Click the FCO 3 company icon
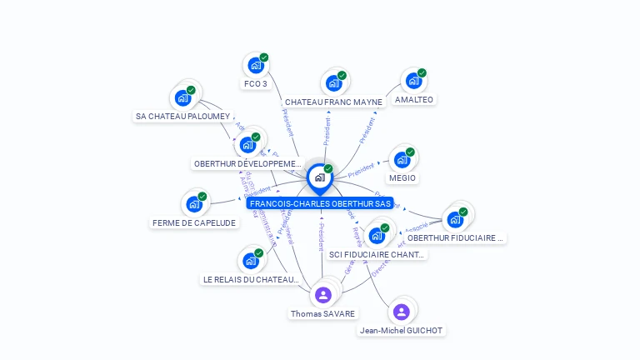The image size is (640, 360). [255, 65]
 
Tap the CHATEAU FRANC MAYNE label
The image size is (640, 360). [333, 102]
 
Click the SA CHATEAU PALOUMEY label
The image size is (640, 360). [182, 117]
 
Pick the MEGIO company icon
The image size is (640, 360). [402, 160]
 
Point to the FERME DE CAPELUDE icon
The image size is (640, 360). [193, 204]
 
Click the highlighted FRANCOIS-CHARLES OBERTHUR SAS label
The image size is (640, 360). [320, 203]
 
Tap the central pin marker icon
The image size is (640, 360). [319, 177]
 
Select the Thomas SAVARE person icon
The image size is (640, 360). [323, 295]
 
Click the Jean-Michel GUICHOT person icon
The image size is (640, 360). [401, 312]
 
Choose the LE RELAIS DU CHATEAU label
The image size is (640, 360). [251, 280]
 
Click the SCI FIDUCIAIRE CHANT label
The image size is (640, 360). [377, 255]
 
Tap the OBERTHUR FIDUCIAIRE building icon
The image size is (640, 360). [455, 220]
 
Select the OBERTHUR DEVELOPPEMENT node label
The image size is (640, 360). [247, 164]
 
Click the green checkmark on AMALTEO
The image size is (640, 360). [422, 73]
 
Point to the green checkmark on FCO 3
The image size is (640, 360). [264, 57]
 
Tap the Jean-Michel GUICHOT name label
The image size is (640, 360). [401, 331]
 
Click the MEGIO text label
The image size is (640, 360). [402, 178]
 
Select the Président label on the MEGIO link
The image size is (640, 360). [362, 169]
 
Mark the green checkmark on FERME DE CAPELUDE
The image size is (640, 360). [202, 197]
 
